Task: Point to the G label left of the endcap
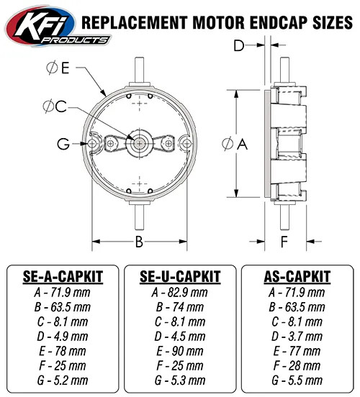(64, 144)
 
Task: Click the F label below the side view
(284, 240)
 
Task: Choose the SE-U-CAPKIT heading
(179, 276)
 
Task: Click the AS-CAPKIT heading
(298, 276)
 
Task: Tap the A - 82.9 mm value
(179, 293)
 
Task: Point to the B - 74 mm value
(179, 307)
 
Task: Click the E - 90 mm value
(179, 351)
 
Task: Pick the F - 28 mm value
(298, 365)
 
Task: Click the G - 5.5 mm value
(298, 380)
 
